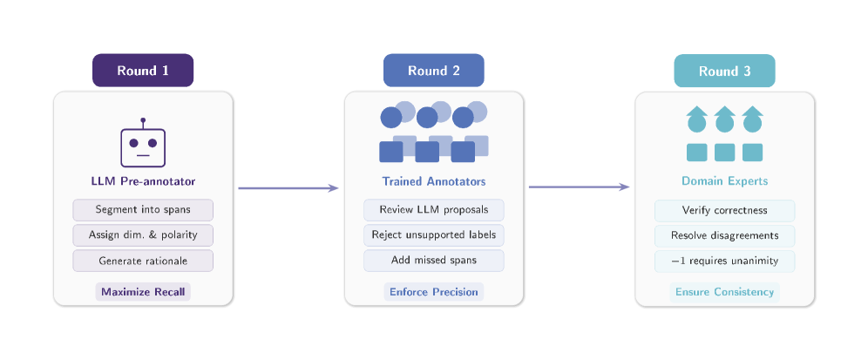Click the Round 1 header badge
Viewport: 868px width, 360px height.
coord(143,71)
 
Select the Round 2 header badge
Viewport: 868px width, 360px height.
coord(433,71)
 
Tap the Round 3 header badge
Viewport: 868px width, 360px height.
coord(724,71)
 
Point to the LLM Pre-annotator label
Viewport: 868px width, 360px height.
coord(143,181)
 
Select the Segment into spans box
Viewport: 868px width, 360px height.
coord(143,210)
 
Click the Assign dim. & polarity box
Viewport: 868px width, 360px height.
coord(143,234)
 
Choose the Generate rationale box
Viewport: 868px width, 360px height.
coord(143,261)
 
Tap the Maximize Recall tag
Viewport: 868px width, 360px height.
coord(143,292)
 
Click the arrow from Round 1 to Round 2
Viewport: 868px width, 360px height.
coord(288,188)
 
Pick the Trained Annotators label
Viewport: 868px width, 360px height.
coord(433,181)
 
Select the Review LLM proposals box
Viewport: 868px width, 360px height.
coord(433,210)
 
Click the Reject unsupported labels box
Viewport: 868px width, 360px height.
coord(433,234)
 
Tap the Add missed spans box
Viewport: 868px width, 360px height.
coord(433,261)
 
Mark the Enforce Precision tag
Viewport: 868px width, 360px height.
coord(433,292)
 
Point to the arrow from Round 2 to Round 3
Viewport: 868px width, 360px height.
coord(579,187)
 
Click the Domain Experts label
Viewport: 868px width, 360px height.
coord(724,181)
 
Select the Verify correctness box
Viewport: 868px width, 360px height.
coord(724,210)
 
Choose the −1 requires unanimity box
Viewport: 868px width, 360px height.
coord(724,261)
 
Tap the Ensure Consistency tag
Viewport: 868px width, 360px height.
coord(724,292)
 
